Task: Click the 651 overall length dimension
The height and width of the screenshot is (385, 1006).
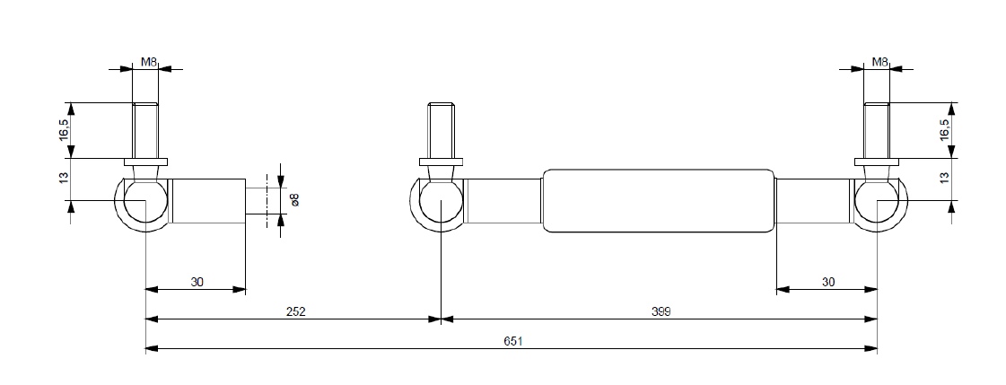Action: tap(512, 341)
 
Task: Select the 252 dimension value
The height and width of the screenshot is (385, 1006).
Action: tap(297, 311)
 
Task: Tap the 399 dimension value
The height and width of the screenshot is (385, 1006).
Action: tap(661, 311)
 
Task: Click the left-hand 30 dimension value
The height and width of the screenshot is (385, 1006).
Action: tap(197, 282)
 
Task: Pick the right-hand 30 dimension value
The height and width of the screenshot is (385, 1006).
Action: tap(827, 282)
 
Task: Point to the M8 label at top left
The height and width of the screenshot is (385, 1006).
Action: tap(149, 62)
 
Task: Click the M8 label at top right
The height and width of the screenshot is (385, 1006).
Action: tap(879, 62)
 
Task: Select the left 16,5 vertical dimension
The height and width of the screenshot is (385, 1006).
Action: tap(63, 130)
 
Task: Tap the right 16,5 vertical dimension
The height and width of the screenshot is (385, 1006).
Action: tap(943, 130)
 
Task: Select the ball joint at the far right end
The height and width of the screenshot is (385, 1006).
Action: tap(876, 201)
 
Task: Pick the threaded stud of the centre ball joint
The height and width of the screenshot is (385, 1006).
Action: tap(441, 130)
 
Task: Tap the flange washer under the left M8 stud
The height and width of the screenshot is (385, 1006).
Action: tap(145, 162)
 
